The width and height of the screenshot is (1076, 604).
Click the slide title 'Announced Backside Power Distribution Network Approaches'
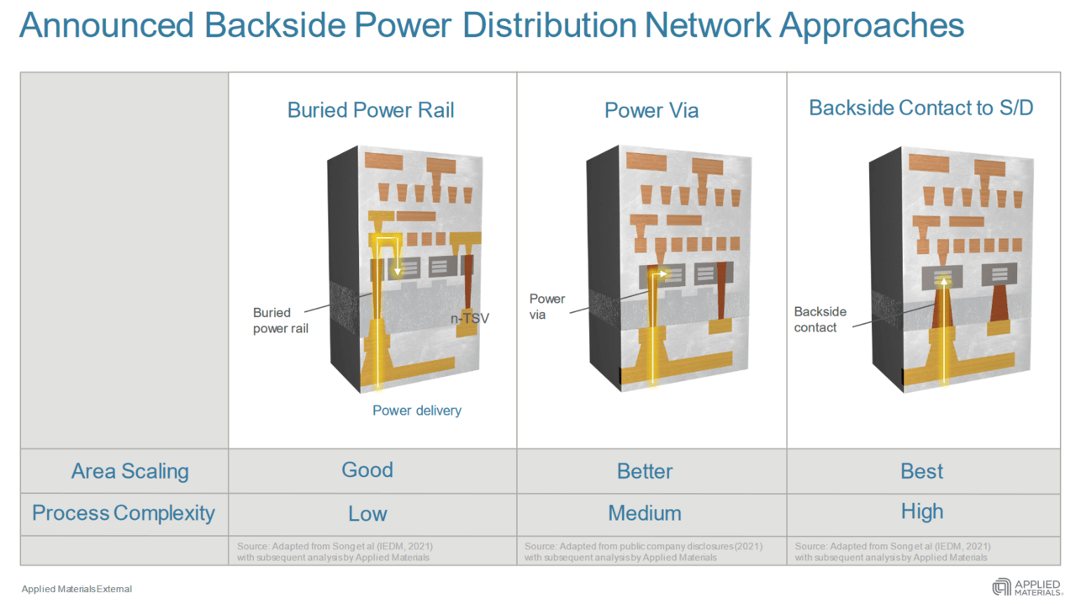(x=492, y=25)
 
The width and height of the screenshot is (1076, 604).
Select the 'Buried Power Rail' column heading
(x=371, y=110)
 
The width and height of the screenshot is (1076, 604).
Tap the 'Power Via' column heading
(x=651, y=110)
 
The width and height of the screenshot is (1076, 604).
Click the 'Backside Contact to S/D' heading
(x=921, y=108)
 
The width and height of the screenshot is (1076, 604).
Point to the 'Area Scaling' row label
(x=129, y=471)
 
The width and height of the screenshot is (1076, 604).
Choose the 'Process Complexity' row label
(x=124, y=513)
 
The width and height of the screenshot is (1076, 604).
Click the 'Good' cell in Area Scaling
(x=367, y=469)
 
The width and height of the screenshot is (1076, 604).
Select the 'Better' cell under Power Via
(x=645, y=471)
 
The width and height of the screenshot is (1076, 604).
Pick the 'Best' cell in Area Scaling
(x=922, y=471)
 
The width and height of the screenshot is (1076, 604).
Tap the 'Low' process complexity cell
(x=367, y=513)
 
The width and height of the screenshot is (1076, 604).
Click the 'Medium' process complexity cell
(x=645, y=512)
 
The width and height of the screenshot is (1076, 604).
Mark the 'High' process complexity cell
(x=922, y=511)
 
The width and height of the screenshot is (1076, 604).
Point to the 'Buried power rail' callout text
(x=280, y=321)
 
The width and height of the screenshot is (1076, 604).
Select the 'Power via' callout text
(x=547, y=306)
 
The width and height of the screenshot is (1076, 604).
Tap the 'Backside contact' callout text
(x=820, y=319)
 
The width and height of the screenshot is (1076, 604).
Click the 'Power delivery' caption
(x=417, y=411)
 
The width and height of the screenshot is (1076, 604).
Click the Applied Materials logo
(x=1026, y=587)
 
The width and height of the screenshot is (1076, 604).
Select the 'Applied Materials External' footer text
(x=76, y=589)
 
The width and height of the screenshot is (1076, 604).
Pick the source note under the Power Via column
(x=644, y=552)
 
